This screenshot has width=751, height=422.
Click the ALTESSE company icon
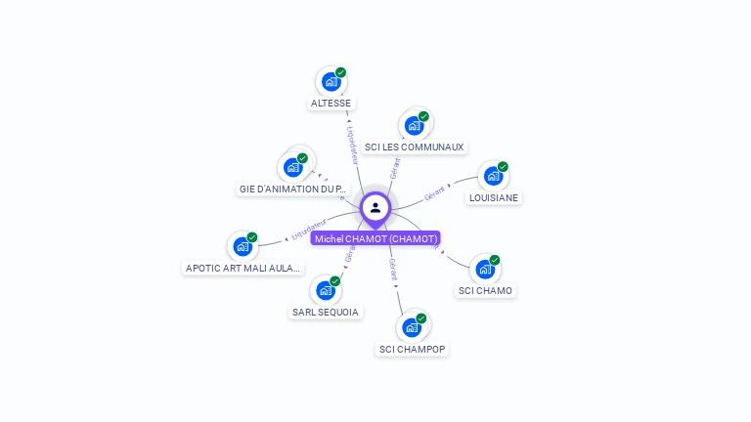[x=331, y=82]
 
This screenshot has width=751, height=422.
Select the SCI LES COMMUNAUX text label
[x=414, y=148]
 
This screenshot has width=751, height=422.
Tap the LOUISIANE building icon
[x=493, y=177]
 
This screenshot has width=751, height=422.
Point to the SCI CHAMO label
[x=485, y=290]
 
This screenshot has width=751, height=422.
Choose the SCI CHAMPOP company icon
[x=413, y=327]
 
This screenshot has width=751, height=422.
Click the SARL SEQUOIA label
[x=326, y=312]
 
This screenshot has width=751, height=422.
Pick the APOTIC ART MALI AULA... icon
[x=243, y=247]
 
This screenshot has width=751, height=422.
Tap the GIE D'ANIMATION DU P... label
[x=292, y=189]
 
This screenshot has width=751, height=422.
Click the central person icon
[x=375, y=208]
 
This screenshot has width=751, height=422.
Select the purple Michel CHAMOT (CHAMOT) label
[x=375, y=238]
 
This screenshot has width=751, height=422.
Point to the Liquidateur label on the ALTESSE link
[x=353, y=144]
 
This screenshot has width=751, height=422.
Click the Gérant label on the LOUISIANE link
[x=435, y=192]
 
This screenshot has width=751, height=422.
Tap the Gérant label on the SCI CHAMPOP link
[x=392, y=270]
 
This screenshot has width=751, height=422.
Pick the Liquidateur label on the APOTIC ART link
[x=308, y=231]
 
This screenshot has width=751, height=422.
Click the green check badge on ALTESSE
[x=341, y=72]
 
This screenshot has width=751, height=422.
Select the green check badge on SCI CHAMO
[x=495, y=260]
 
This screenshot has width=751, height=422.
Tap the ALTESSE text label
[x=331, y=104]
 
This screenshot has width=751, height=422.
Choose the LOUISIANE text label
[x=494, y=197]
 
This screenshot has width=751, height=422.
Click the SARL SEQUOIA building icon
[x=326, y=290]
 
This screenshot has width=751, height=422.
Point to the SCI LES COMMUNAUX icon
[x=415, y=126]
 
